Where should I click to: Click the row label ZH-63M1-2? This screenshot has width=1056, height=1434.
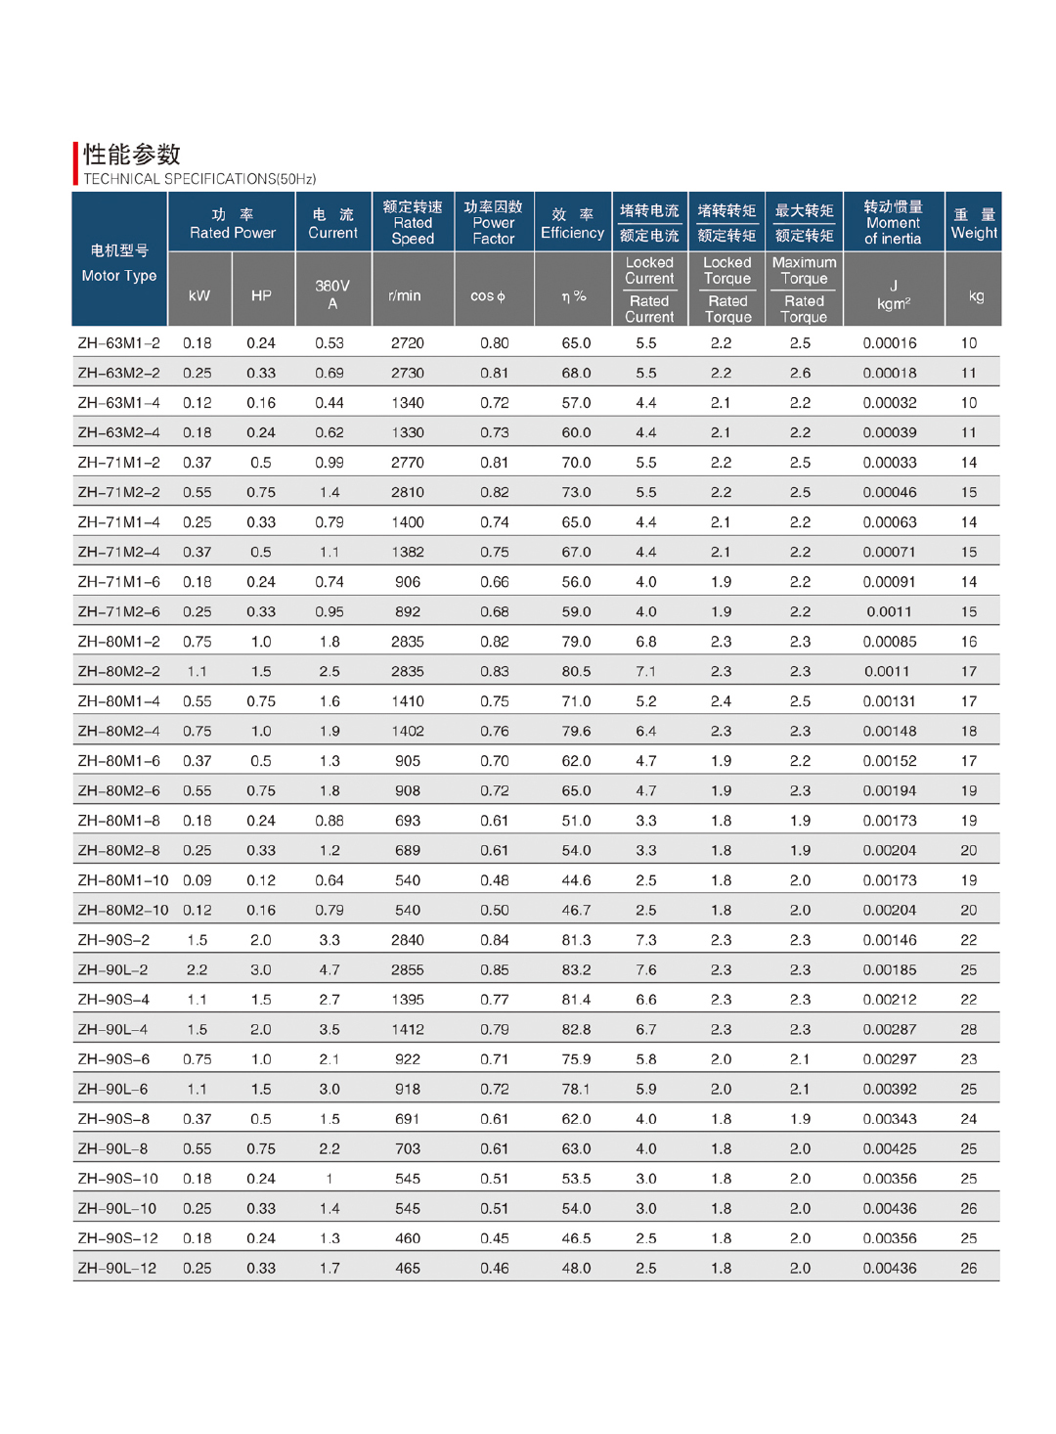(118, 343)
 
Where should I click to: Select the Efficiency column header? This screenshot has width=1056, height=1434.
(572, 223)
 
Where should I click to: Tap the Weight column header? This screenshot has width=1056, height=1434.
(974, 223)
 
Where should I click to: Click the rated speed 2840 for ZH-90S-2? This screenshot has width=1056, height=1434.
(408, 940)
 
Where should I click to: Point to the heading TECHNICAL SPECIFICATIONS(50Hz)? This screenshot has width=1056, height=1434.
(199, 179)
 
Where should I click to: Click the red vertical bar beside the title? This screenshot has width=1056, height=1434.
(75, 163)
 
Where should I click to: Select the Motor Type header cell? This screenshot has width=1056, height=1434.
(119, 263)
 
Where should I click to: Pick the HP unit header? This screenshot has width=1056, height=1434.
(261, 295)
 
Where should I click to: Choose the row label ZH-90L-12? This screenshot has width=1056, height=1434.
(117, 1269)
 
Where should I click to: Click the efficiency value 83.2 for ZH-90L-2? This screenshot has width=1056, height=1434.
(576, 970)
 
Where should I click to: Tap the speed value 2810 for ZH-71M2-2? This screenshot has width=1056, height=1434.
(408, 493)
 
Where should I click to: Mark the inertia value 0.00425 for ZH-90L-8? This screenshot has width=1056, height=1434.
(890, 1149)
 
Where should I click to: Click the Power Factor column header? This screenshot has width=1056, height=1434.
(494, 223)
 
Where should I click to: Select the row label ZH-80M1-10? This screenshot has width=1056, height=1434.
(123, 880)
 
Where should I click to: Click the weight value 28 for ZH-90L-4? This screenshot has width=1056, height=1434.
(968, 1030)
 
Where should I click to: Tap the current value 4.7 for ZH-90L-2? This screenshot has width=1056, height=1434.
(330, 970)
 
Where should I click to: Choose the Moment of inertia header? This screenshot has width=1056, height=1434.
(893, 223)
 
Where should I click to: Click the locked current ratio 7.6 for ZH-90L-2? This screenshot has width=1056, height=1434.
(646, 970)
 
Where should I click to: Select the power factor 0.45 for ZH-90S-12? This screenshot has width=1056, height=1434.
(495, 1238)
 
